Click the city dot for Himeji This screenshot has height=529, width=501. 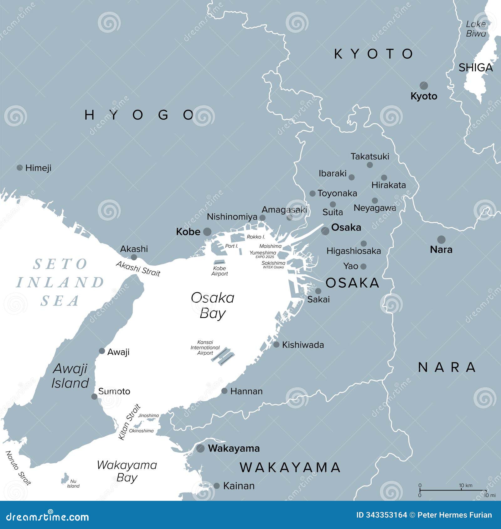click(19, 168)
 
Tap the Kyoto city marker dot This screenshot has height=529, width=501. click(424, 85)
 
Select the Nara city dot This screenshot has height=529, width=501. click(441, 240)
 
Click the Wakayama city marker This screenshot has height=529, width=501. click(200, 448)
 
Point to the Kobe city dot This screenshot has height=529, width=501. click(207, 232)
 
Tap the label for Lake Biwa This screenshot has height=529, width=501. click(476, 29)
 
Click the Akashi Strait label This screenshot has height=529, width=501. click(138, 269)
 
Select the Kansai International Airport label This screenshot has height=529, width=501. click(205, 347)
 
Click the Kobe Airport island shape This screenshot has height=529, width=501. click(219, 262)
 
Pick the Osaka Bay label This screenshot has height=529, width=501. click(213, 305)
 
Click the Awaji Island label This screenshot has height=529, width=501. click(70, 376)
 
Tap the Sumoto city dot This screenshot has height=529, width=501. click(94, 397)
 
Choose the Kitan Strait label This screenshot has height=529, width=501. click(129, 422)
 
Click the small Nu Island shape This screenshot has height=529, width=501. click(65, 478)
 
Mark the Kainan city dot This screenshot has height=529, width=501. click(217, 486)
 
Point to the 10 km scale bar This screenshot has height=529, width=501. click(452, 490)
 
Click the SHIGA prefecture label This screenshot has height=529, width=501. click(475, 68)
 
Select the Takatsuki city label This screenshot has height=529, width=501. click(370, 157)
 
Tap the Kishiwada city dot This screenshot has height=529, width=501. click(276, 345)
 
